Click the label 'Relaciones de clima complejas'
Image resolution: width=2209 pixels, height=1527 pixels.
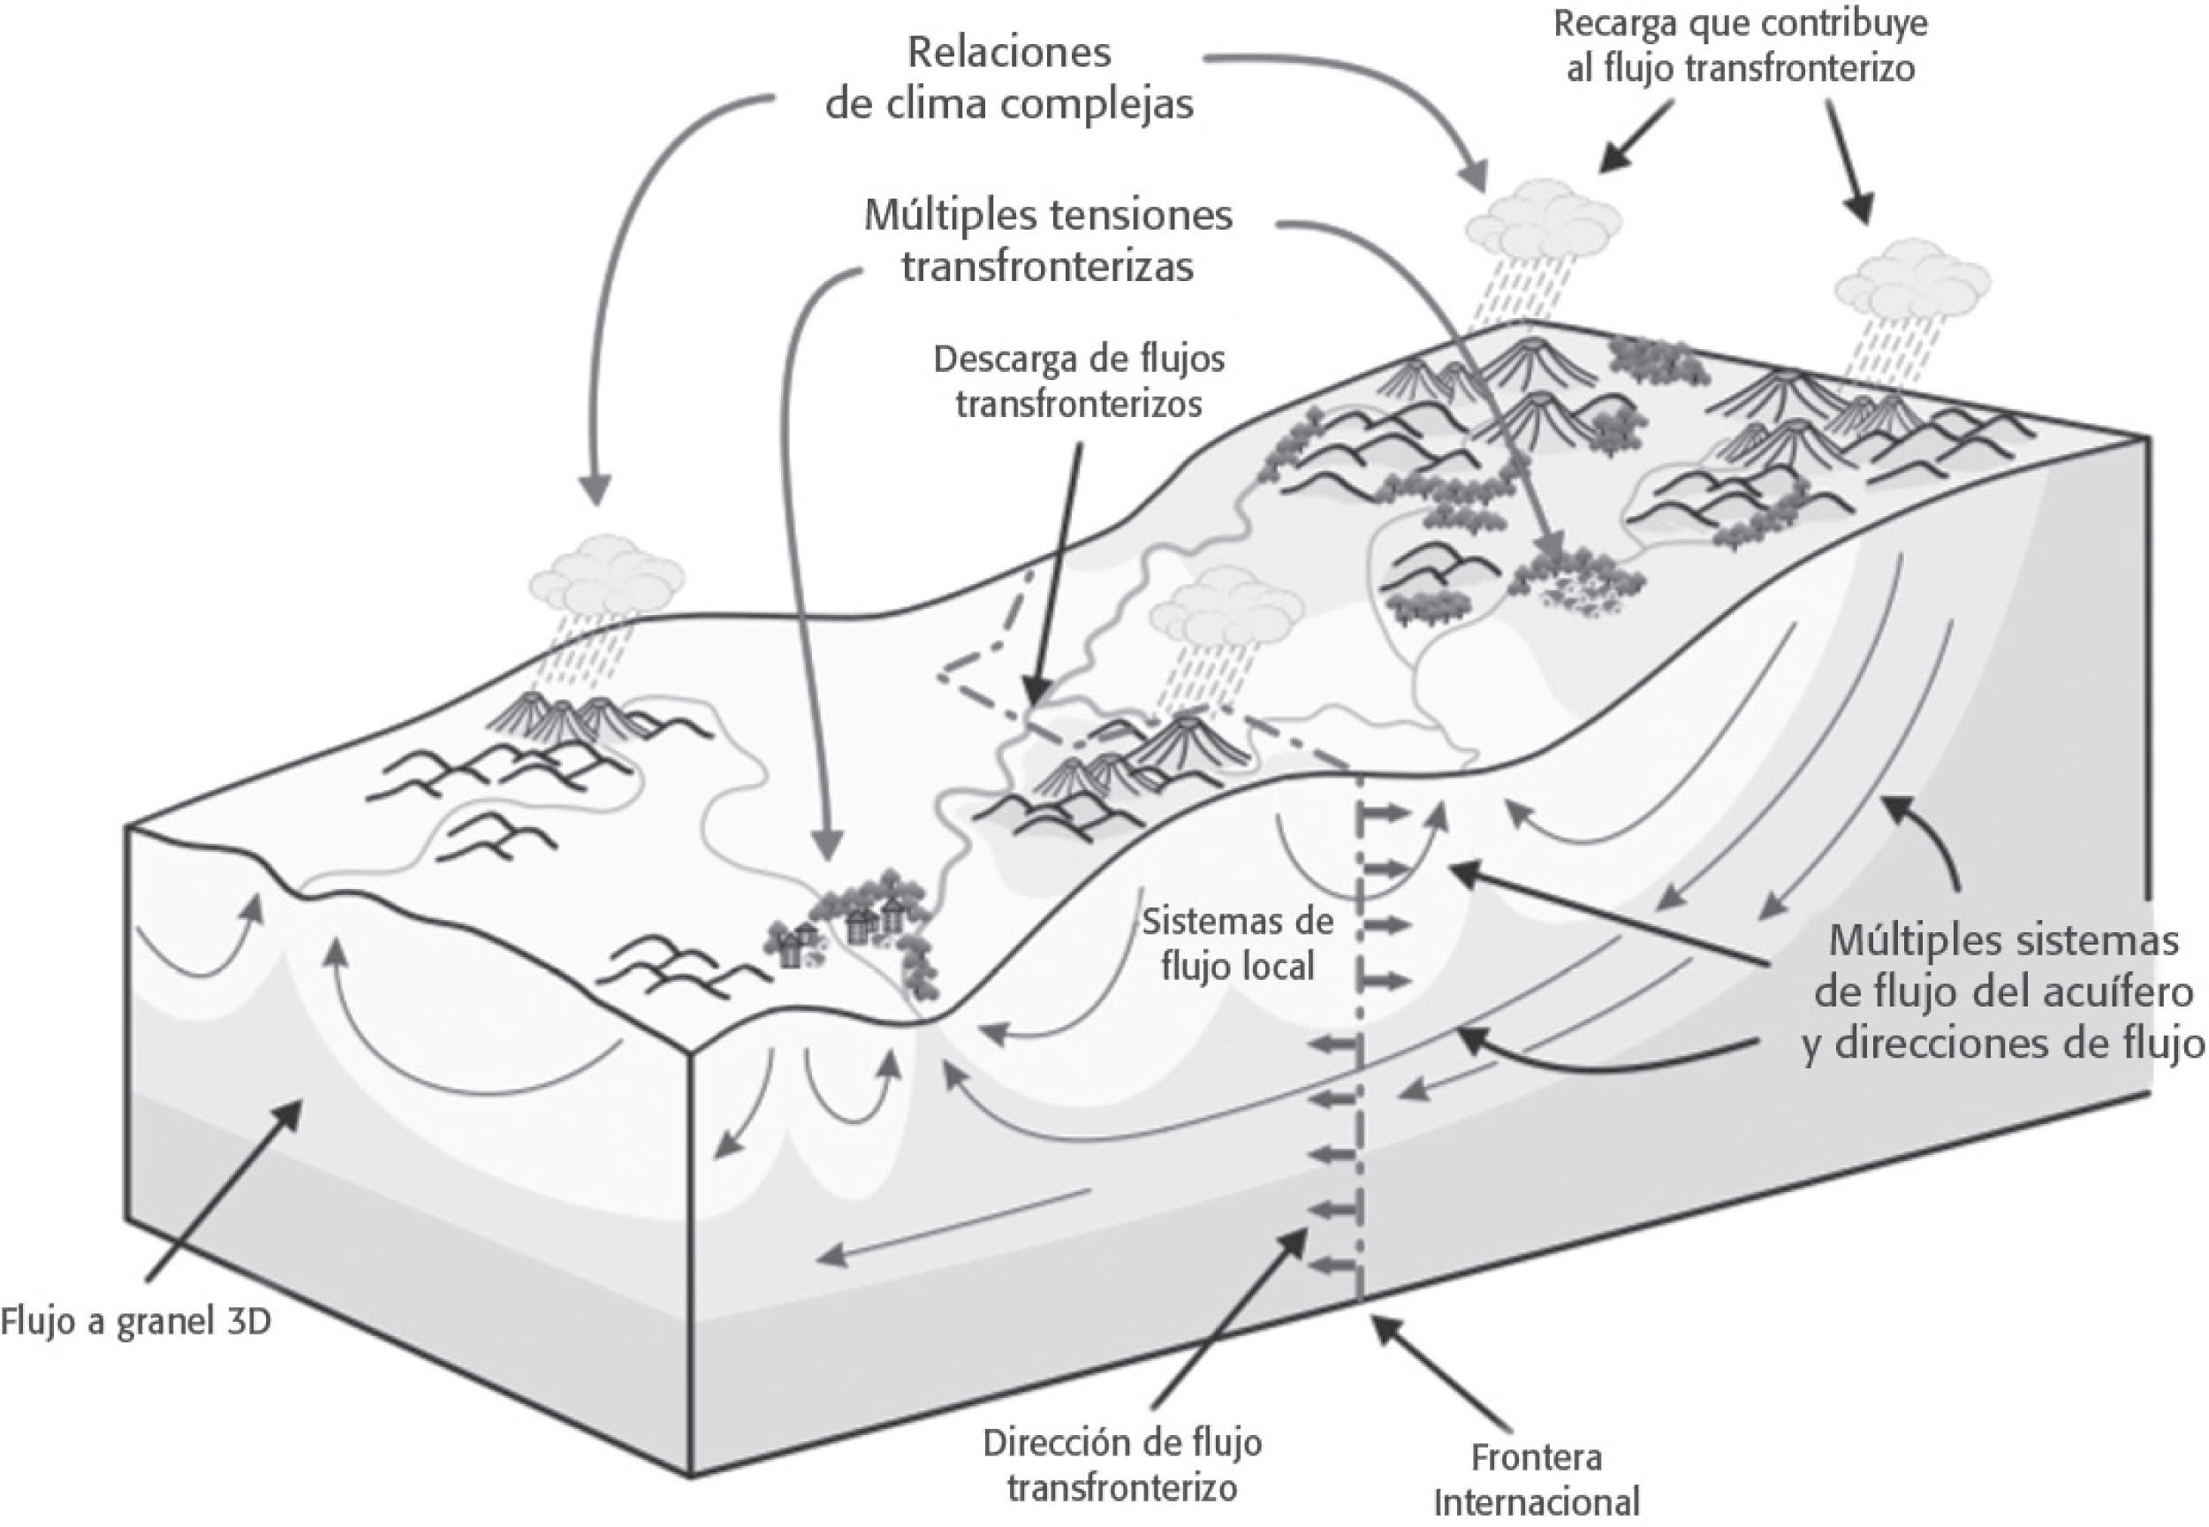coord(1009,79)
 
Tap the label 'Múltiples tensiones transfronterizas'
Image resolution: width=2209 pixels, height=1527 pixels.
coord(1049,241)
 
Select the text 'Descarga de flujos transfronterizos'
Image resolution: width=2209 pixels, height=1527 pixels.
coord(1079,381)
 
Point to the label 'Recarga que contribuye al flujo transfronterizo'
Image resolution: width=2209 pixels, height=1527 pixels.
coord(1740,46)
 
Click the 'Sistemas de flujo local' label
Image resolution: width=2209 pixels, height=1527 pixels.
coord(1238,944)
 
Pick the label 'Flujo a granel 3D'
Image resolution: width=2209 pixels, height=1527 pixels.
coord(136,1321)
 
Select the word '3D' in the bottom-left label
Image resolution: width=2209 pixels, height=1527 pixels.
coord(246,1321)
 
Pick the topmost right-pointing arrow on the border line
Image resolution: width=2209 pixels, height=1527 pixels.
coord(1385,814)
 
